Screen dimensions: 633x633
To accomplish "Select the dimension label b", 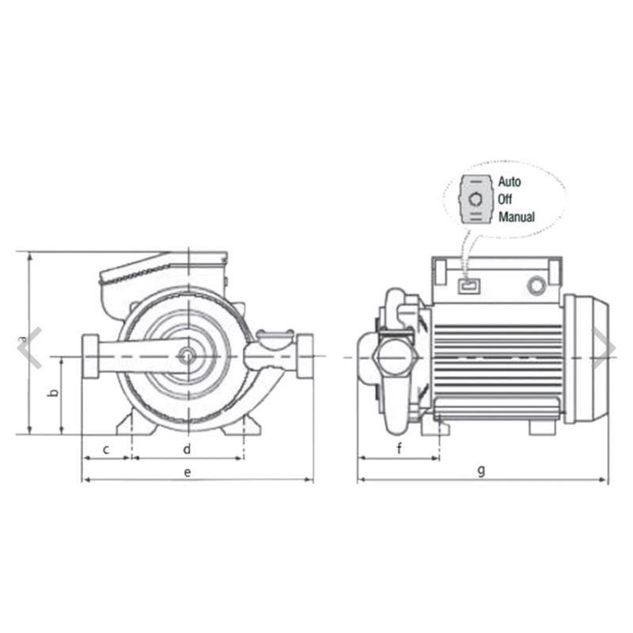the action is click(x=53, y=392).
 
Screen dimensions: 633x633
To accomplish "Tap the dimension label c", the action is click(x=106, y=449).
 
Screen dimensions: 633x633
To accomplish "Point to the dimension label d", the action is click(x=187, y=449).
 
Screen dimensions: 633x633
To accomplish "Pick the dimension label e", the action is click(x=188, y=472).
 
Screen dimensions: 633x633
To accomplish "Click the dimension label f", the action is click(x=400, y=448).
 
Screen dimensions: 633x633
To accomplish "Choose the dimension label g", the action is click(x=481, y=471).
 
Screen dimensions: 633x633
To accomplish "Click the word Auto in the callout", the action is click(x=509, y=182).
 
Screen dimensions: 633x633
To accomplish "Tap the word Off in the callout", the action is click(x=505, y=199).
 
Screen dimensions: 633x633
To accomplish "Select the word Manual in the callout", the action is click(x=517, y=217).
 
